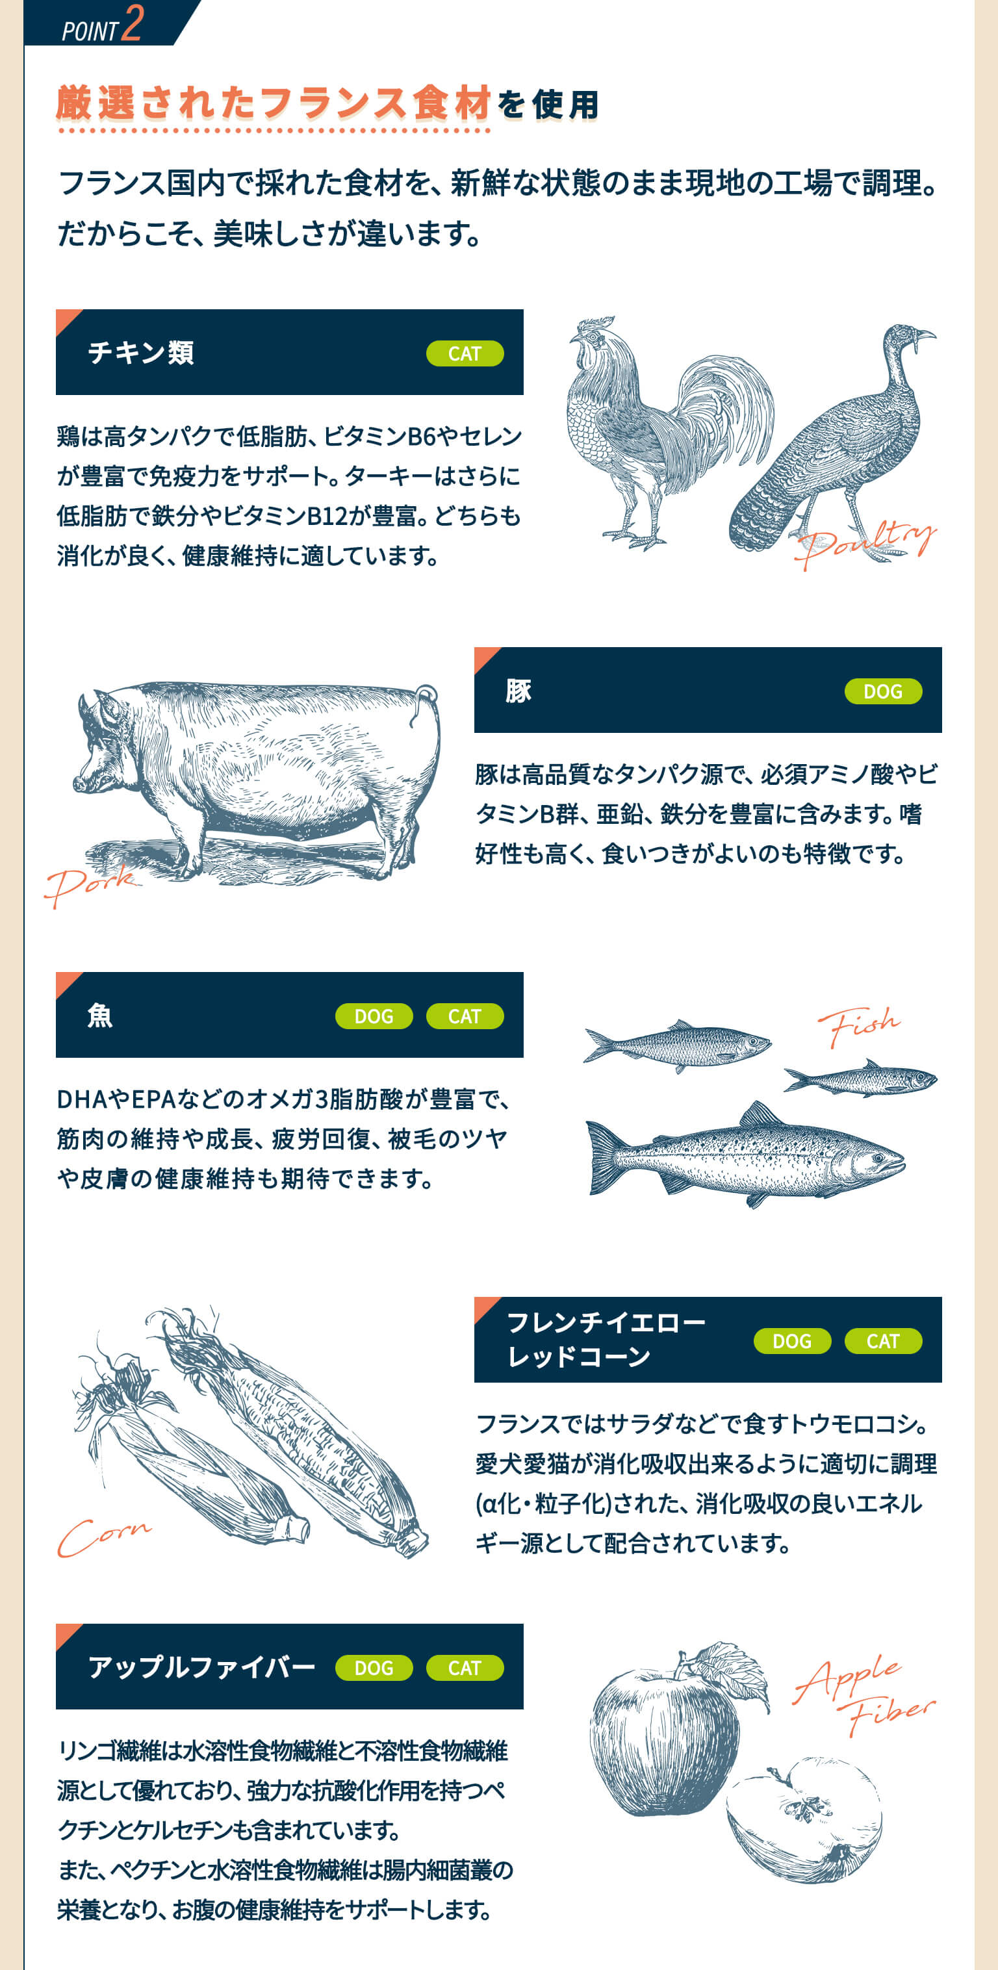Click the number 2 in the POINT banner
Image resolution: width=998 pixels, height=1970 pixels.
[133, 22]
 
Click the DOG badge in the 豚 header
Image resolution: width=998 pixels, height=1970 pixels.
[883, 691]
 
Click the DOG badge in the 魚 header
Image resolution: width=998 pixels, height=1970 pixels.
[374, 1016]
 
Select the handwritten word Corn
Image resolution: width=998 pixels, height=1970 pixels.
[104, 1535]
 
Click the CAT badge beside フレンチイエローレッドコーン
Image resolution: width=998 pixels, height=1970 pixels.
[883, 1341]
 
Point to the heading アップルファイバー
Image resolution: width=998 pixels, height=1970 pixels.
[202, 1667]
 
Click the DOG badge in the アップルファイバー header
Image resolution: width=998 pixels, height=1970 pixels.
[374, 1668]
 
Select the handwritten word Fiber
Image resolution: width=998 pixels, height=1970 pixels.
[891, 1716]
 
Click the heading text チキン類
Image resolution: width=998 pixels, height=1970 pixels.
[141, 353]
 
